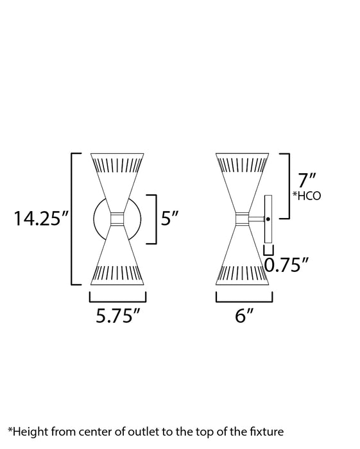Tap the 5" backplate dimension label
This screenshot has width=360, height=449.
(x=169, y=219)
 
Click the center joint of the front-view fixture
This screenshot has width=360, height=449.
(x=117, y=219)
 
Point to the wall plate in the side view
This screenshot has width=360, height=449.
(x=268, y=219)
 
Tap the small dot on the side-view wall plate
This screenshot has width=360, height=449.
(x=268, y=219)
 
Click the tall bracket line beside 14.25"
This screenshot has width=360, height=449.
(x=71, y=219)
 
